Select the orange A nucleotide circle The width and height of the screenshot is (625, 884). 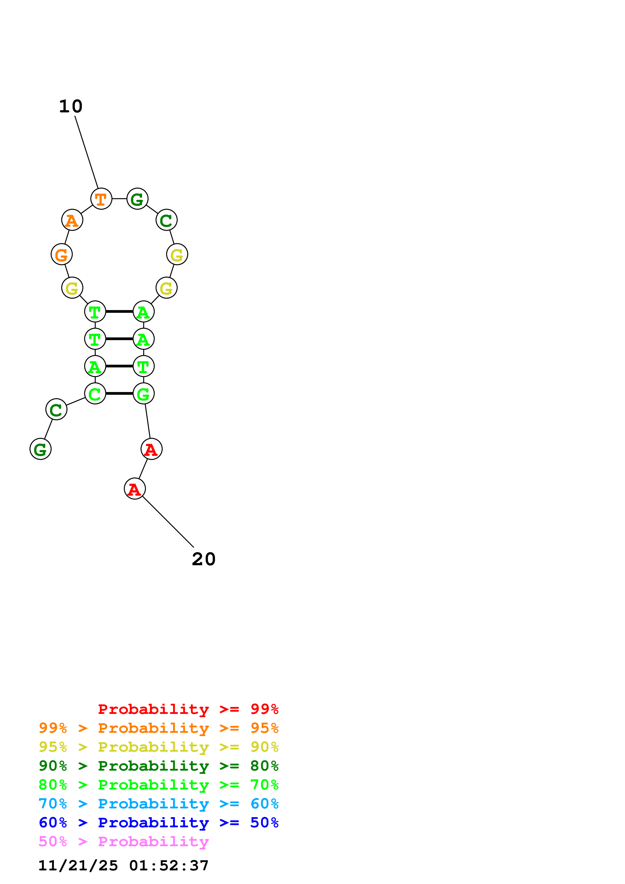click(x=72, y=220)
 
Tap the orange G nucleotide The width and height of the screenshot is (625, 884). click(x=62, y=255)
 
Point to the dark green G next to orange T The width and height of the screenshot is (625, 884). click(x=137, y=199)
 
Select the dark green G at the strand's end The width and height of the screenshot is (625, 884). click(x=40, y=449)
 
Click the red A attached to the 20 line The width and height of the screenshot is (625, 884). click(x=135, y=489)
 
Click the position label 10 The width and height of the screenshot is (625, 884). click(x=71, y=107)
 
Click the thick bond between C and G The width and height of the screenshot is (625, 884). click(x=119, y=393)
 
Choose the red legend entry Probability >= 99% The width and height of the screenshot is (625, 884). click(x=188, y=709)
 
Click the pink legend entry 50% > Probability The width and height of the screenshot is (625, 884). click(x=124, y=842)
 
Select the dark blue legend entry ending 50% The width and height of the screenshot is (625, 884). click(x=158, y=823)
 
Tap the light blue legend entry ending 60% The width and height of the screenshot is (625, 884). click(x=158, y=804)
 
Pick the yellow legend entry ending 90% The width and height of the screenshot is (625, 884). click(x=158, y=747)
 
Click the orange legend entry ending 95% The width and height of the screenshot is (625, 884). click(x=158, y=728)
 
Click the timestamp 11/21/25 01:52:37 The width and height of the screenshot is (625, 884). click(x=123, y=866)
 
